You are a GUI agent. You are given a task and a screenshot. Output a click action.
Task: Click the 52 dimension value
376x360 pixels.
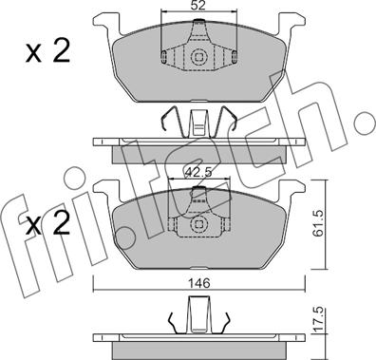click(x=198, y=6)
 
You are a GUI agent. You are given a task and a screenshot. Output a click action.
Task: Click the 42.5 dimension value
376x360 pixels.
click(x=198, y=173)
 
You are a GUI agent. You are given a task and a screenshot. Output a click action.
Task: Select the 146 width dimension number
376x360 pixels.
click(x=198, y=283)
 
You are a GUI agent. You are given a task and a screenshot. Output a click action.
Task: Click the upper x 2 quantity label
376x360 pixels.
click(x=47, y=51)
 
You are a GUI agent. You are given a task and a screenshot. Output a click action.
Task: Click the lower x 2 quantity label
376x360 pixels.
click(x=47, y=223)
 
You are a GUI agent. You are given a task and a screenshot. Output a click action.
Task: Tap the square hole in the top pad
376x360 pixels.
click(x=198, y=57)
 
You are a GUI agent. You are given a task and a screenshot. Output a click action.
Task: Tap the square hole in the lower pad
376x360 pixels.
click(x=198, y=224)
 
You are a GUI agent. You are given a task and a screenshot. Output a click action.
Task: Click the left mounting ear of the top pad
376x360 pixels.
click(x=107, y=24)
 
